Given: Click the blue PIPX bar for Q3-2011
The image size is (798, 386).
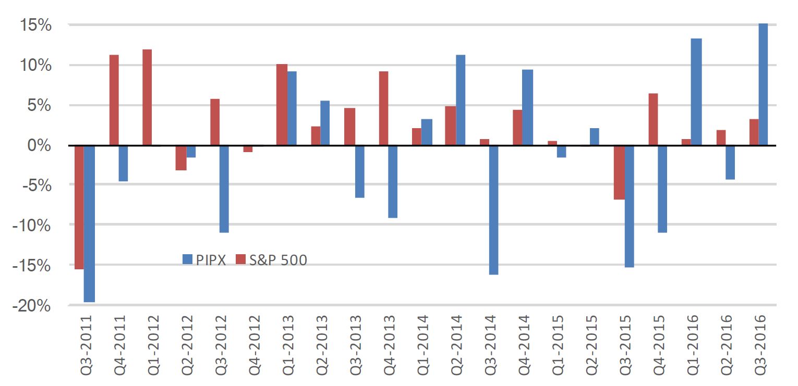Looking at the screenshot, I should tap(89, 223).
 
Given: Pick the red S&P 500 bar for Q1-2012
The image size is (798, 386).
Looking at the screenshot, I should tap(147, 97).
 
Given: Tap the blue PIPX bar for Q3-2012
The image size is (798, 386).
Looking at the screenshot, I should tap(224, 189).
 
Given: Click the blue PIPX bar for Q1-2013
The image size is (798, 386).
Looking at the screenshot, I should tap(292, 108).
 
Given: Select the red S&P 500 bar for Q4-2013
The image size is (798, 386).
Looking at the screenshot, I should tap(383, 108).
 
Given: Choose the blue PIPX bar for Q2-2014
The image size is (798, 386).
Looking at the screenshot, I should tap(461, 100).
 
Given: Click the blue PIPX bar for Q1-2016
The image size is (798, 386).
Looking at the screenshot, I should tap(696, 92).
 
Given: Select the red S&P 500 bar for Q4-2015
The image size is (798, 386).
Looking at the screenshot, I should tap(652, 119).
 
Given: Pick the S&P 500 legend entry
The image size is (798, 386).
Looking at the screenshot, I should tap(271, 260).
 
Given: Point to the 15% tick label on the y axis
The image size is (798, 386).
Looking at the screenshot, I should tap(35, 25).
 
